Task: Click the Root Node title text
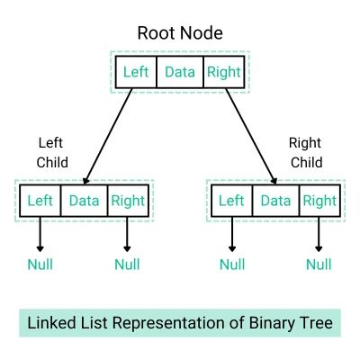coord(179,34)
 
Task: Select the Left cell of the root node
coord(136,73)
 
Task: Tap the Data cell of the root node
coord(180,73)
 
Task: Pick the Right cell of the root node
coord(223,73)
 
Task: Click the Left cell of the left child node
coord(40,200)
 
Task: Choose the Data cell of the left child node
coord(84,200)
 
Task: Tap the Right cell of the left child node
coord(127,200)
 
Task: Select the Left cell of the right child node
coord(232,200)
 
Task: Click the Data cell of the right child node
coord(276,200)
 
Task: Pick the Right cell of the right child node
coord(319,200)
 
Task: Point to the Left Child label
coord(52,152)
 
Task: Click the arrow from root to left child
coord(109,135)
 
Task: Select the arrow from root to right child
coord(249,135)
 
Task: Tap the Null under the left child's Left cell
coord(40,264)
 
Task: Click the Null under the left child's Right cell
coord(127,264)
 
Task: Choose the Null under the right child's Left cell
coord(232,264)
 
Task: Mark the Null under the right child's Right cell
coord(319,264)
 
